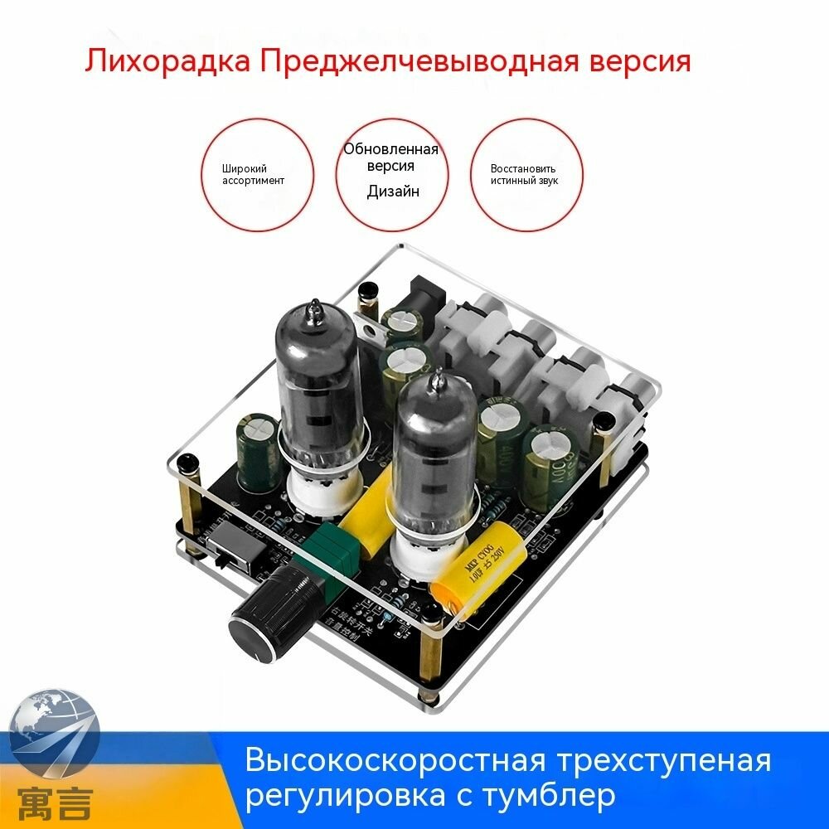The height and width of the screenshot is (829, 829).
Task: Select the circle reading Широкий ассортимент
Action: pyautogui.click(x=258, y=174)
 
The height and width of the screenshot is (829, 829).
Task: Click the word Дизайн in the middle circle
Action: pyautogui.click(x=393, y=191)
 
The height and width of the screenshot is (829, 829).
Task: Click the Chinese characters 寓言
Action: pyautogui.click(x=51, y=802)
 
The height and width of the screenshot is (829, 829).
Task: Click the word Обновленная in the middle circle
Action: pyautogui.click(x=391, y=150)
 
